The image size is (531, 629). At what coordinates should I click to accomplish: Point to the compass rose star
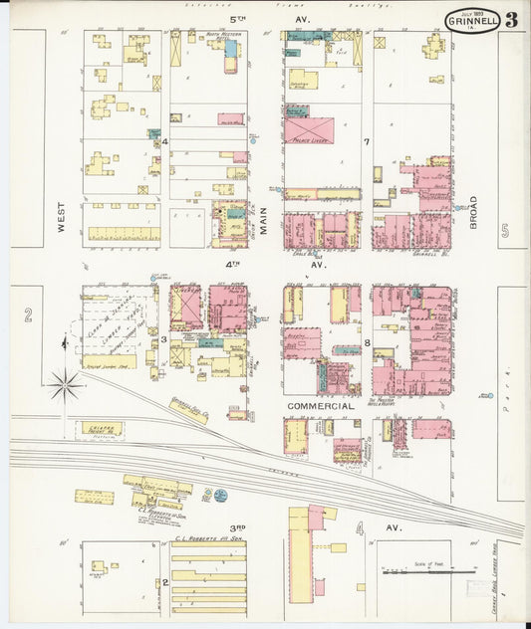point(66,381)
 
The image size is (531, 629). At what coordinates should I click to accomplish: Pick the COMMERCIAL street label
point(320,407)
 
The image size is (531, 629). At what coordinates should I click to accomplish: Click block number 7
point(367,142)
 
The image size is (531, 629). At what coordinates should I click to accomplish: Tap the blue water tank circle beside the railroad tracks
point(219,494)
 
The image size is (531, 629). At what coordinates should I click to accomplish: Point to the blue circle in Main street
point(253,140)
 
